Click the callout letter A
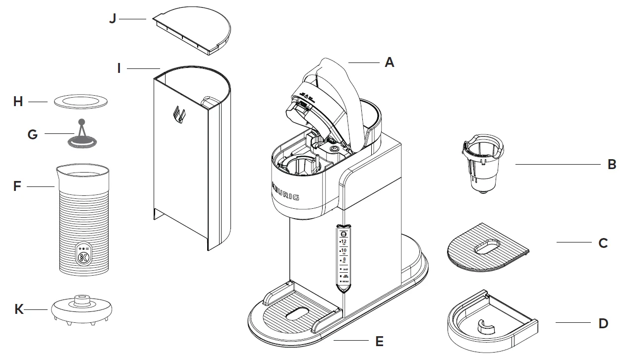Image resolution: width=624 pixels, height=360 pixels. [390, 63]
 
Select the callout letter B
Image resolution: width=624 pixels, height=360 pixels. [612, 164]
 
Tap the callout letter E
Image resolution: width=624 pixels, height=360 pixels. [379, 341]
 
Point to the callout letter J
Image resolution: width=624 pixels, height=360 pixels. [113, 19]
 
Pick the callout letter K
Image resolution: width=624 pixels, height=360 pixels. [19, 309]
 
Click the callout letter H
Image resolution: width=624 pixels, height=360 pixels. [18, 102]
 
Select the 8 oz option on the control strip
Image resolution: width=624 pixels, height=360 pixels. [342, 259]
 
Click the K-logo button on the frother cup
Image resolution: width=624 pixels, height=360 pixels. [83, 257]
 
